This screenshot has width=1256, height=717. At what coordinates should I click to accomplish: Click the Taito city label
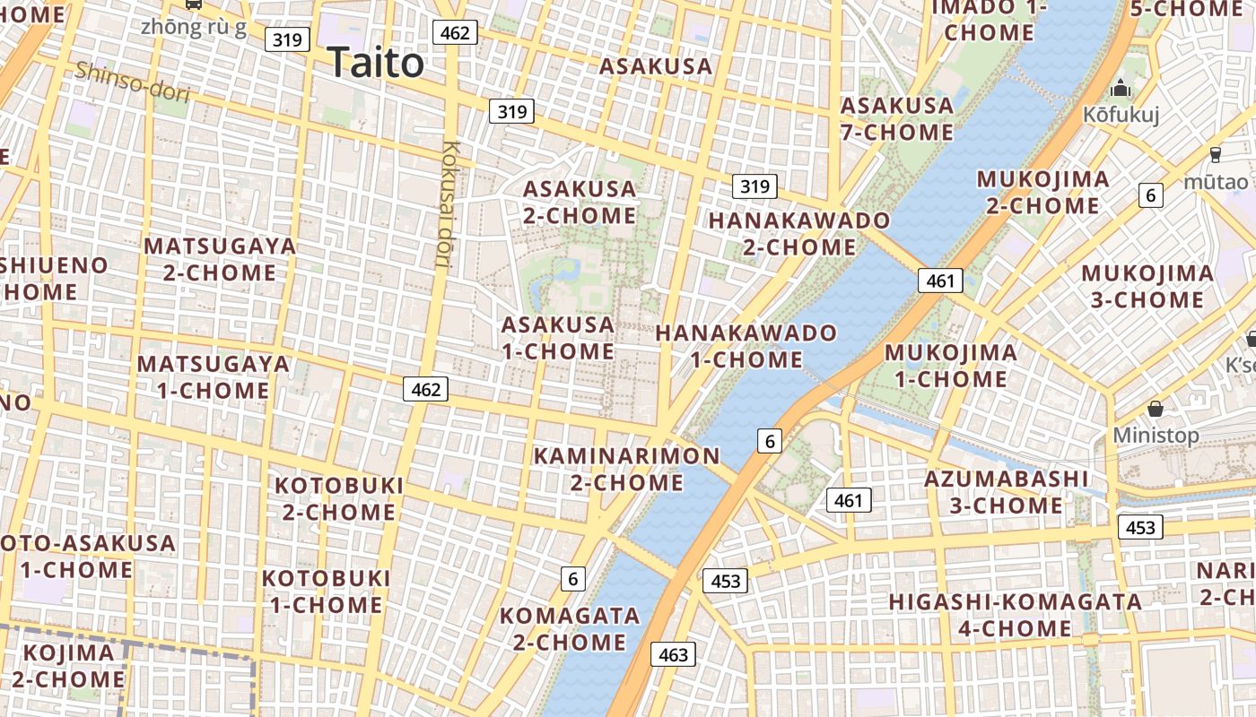coord(375,63)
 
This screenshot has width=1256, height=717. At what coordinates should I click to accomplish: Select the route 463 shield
coord(673,654)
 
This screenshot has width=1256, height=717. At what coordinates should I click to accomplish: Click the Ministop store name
coord(1156,436)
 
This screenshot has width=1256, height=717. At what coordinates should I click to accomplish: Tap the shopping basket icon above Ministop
coord(1156,409)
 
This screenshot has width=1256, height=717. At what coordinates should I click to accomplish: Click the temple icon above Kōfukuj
coord(1121,89)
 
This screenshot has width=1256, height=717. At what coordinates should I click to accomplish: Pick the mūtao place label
coord(1215,181)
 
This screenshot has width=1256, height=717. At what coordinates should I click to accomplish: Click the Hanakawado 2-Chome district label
coord(799,233)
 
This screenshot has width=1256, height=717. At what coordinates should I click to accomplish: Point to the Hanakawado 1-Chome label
coord(746,346)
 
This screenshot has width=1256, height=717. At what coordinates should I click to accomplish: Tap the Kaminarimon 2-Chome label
coord(626,469)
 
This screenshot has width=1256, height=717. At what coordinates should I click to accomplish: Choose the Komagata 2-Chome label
coord(570,629)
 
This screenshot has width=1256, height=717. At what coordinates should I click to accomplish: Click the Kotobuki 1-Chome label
coord(327,592)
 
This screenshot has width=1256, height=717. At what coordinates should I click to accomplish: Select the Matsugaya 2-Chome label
coord(220,259)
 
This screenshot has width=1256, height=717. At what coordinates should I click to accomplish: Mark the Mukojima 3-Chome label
coord(1147,287)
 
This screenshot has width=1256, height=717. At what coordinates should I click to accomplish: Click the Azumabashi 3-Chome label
coord(1007,492)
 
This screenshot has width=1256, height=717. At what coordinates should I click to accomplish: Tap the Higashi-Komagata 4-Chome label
coord(1015,615)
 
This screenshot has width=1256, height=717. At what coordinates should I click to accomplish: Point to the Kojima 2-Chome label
coord(68,666)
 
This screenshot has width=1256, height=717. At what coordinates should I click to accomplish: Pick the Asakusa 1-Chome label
coord(558,338)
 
